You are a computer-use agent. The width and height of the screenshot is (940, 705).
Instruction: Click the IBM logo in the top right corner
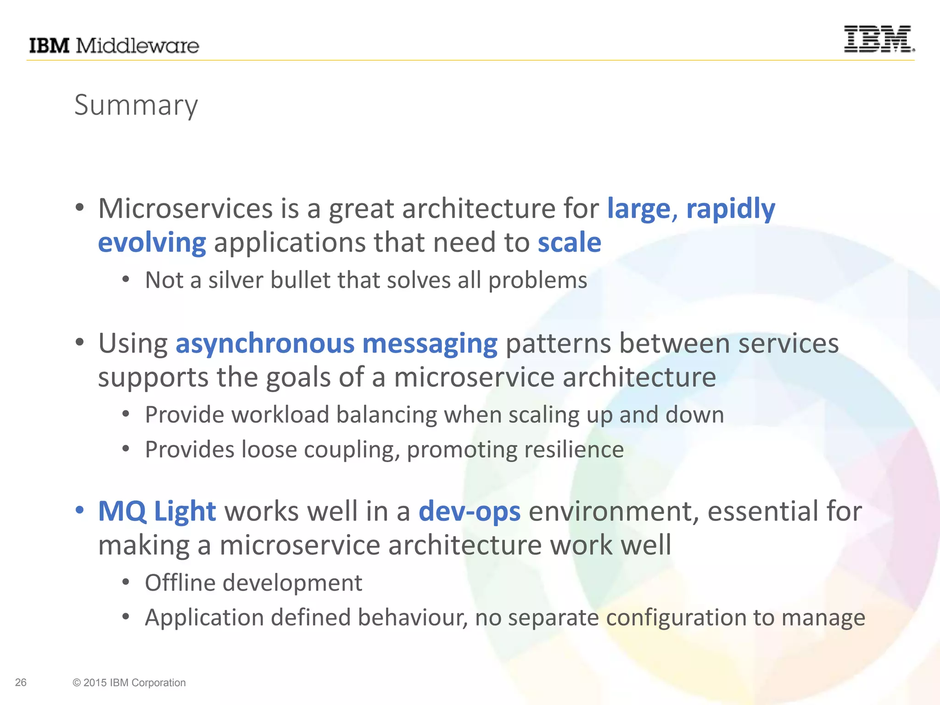878,39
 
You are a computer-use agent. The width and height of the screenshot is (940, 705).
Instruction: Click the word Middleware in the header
137,46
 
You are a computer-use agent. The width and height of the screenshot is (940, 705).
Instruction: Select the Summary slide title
136,106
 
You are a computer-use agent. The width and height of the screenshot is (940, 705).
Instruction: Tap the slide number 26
21,683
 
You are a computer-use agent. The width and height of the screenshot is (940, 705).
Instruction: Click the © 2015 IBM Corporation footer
129,683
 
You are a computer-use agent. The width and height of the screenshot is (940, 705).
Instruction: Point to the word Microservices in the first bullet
185,209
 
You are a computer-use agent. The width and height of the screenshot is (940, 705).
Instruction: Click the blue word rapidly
730,209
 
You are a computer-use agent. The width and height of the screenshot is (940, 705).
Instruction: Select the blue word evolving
152,242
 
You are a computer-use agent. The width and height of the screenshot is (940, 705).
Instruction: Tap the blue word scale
569,242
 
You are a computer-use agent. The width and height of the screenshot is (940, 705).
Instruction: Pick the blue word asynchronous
265,344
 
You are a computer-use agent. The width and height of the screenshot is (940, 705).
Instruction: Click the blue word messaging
430,344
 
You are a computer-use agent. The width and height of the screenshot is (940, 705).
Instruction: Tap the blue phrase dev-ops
470,511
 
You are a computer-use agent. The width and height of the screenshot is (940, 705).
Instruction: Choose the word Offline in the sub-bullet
180,583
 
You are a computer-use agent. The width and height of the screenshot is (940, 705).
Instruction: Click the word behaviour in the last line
413,618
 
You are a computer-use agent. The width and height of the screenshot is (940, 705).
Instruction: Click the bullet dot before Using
80,342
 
